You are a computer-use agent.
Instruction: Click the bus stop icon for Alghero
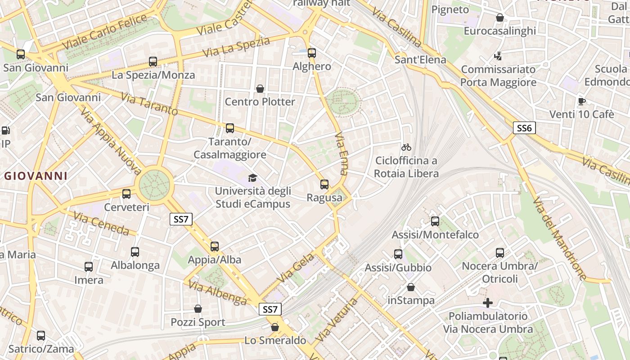[312, 53]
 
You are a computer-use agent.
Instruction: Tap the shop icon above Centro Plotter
[260, 89]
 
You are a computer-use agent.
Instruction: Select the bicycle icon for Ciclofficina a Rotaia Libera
[406, 147]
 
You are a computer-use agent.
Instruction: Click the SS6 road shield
[524, 128]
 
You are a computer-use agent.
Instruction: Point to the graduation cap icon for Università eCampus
[252, 178]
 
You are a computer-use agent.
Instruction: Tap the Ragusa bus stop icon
[324, 184]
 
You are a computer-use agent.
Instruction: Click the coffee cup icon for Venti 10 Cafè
[582, 101]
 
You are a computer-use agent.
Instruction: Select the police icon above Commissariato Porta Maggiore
[498, 56]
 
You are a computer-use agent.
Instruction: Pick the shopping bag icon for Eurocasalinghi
[499, 18]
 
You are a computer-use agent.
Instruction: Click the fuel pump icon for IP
[6, 131]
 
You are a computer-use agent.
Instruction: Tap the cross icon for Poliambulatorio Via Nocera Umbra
[488, 303]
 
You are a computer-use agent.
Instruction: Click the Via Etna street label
[342, 153]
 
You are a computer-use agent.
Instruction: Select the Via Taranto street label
[149, 103]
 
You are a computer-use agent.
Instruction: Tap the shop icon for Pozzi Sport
[198, 309]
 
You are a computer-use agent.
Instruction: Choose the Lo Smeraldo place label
[275, 340]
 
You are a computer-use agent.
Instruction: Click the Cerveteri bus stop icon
[126, 194]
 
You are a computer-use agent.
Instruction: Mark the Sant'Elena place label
[420, 60]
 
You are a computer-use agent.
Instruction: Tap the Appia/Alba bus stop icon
[215, 247]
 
